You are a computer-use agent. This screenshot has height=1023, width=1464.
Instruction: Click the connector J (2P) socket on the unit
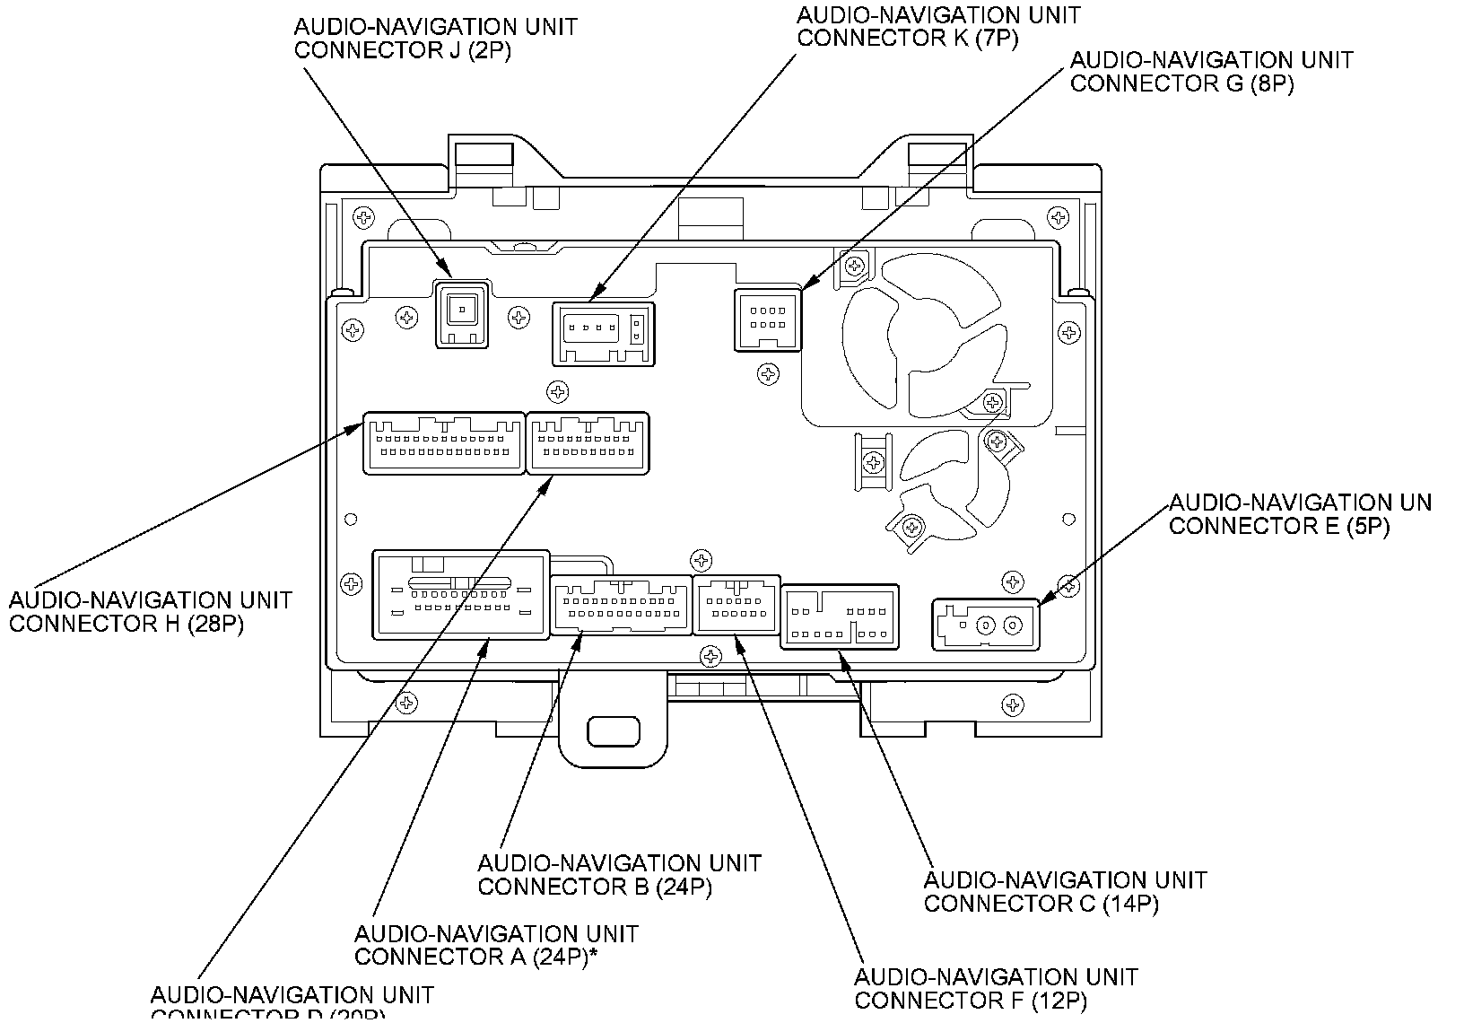(461, 312)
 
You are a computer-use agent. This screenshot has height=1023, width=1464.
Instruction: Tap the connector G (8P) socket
(768, 319)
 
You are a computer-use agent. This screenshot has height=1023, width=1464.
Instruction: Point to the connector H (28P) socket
(443, 442)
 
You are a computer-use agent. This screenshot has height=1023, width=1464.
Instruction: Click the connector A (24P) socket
(460, 595)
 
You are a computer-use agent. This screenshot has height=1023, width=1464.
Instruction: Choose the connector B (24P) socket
(621, 604)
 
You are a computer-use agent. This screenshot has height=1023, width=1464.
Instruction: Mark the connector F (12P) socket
(736, 603)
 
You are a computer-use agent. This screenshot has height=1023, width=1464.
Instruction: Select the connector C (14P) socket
(840, 616)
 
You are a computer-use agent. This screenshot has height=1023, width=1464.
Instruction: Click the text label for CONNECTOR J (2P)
(435, 39)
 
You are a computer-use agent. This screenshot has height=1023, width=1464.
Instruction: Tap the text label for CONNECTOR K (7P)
(938, 27)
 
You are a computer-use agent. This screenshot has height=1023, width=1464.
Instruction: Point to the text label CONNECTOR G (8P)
(1211, 72)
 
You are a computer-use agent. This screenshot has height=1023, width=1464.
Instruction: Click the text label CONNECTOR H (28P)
(151, 612)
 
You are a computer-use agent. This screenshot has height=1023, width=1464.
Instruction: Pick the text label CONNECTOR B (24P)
(619, 875)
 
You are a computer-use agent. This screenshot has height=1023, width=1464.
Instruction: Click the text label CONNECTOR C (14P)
(1065, 891)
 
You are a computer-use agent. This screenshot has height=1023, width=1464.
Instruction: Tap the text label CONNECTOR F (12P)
(996, 988)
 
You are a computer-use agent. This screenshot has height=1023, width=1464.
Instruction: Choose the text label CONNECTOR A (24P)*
(496, 946)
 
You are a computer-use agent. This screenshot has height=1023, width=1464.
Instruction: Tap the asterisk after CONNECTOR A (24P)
(594, 953)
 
